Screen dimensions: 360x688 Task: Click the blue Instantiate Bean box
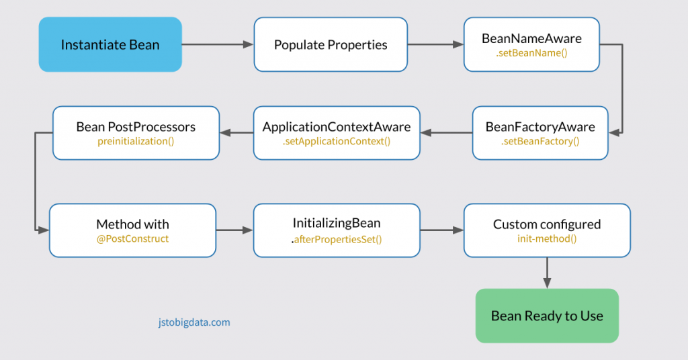point(110,44)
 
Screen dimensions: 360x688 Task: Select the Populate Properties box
point(331,44)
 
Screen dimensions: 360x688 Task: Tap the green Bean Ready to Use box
point(547,316)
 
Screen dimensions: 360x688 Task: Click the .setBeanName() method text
point(531,52)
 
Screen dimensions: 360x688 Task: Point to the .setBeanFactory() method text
point(540,141)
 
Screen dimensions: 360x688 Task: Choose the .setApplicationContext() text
point(337,141)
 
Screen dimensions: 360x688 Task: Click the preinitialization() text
point(136,141)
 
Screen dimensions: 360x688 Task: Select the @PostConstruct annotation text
point(132,238)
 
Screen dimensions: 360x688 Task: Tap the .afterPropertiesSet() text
point(337,239)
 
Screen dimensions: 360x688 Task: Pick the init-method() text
point(547,238)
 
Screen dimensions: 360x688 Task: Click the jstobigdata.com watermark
point(189,322)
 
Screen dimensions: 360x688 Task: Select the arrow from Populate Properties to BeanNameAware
point(435,44)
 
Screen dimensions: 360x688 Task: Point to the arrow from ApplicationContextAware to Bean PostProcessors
point(236,132)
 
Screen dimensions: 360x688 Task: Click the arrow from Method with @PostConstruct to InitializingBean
point(234,230)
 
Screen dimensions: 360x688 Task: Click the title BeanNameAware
point(531,38)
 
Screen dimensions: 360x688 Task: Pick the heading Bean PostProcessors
point(136,127)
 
